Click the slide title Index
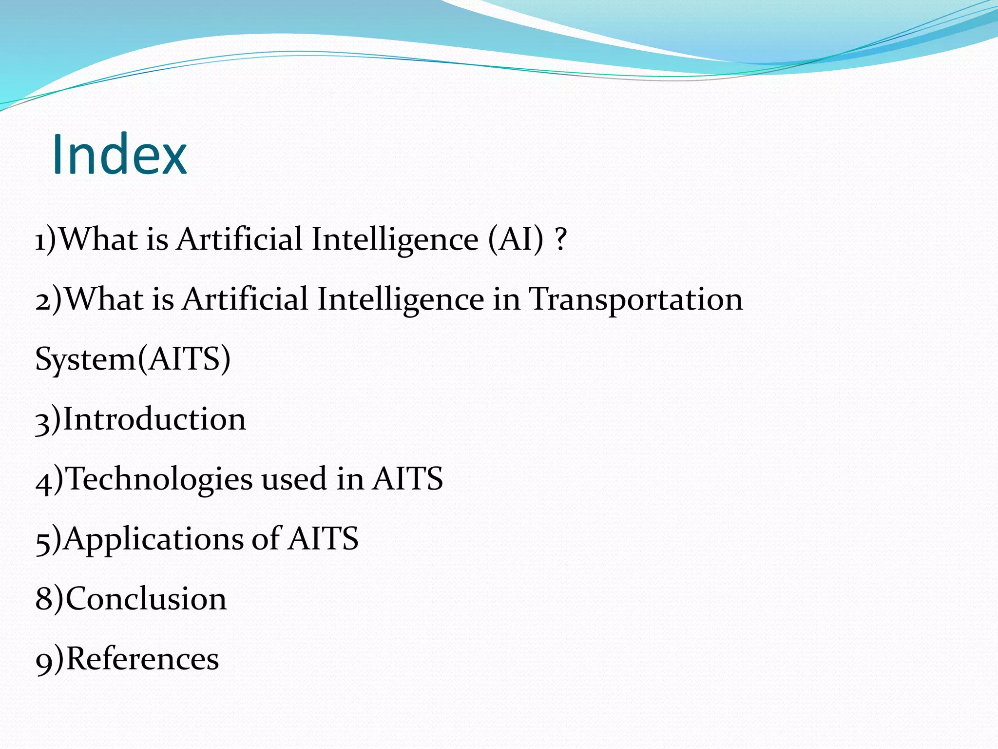click(x=119, y=154)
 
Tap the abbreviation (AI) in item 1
click(x=516, y=239)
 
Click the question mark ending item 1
click(x=561, y=239)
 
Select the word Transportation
click(x=636, y=299)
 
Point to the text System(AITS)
click(x=133, y=359)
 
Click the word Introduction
click(x=154, y=419)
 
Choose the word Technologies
click(x=159, y=479)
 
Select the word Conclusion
click(x=146, y=599)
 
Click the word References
click(x=142, y=659)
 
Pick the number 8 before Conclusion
click(x=43, y=599)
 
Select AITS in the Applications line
click(x=323, y=539)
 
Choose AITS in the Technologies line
click(x=407, y=479)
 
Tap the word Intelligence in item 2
click(x=401, y=299)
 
